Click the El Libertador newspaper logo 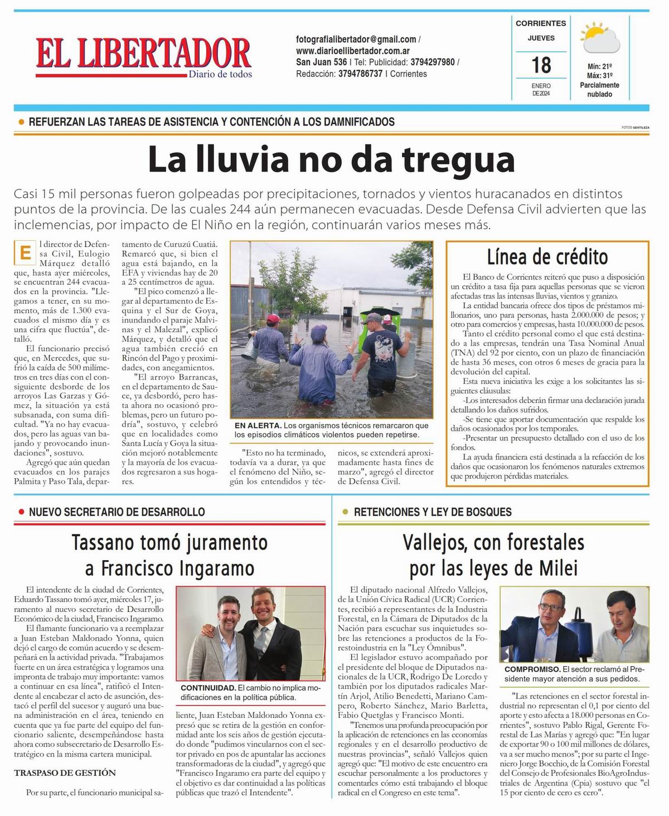[143, 56]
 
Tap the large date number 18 [541, 65]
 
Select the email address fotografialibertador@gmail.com [356, 40]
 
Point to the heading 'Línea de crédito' [547, 257]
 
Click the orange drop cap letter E [25, 252]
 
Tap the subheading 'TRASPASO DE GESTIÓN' [65, 773]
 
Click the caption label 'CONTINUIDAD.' [207, 688]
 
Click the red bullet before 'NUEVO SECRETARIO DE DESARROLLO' [21, 512]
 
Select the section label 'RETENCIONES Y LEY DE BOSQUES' [433, 512]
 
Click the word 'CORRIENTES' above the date [541, 23]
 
